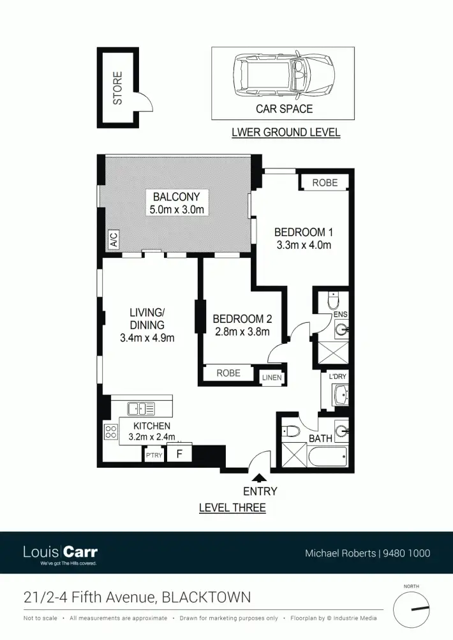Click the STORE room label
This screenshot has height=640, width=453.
click(x=117, y=88)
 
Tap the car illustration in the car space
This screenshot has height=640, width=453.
click(x=283, y=73)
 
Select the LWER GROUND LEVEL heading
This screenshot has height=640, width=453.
click(x=285, y=133)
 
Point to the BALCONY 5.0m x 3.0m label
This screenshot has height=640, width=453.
click(x=176, y=203)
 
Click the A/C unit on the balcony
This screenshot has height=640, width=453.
click(x=114, y=241)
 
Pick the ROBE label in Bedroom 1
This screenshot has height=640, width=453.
click(x=325, y=182)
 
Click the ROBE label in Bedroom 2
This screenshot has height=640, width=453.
click(x=228, y=373)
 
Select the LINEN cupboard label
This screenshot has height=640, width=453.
click(x=272, y=378)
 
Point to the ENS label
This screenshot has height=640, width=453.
click(x=340, y=315)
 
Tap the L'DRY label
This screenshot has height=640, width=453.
click(x=338, y=377)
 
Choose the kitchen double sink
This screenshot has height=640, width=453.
click(x=141, y=408)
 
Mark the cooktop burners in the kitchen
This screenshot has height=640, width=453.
click(x=111, y=431)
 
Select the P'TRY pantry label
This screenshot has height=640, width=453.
click(x=154, y=455)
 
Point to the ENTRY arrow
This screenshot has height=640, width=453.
click(x=259, y=476)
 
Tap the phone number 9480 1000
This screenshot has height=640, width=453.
click(x=406, y=553)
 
